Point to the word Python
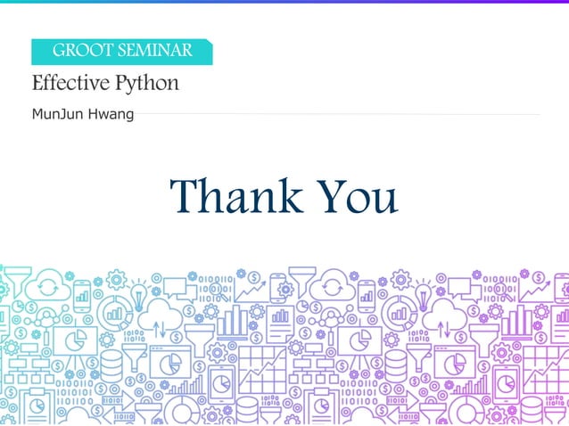click(147, 85)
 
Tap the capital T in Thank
click(185, 196)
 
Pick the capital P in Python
click(121, 84)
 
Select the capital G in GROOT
click(59, 51)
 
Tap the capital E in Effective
click(37, 84)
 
